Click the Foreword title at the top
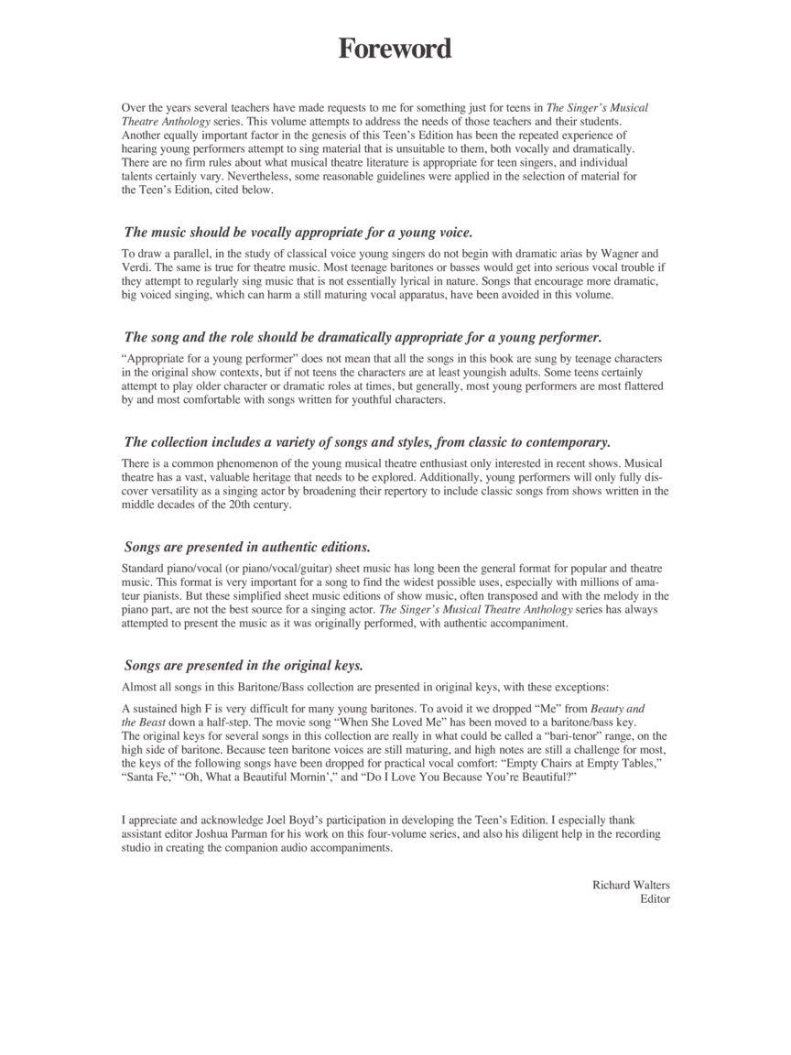tap(395, 49)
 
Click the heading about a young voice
tap(311, 232)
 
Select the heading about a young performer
tap(363, 337)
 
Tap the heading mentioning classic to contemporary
tap(367, 441)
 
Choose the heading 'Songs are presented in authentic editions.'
tap(247, 547)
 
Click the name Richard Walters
tap(631, 885)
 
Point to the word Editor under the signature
tap(655, 898)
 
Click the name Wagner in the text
tap(617, 253)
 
